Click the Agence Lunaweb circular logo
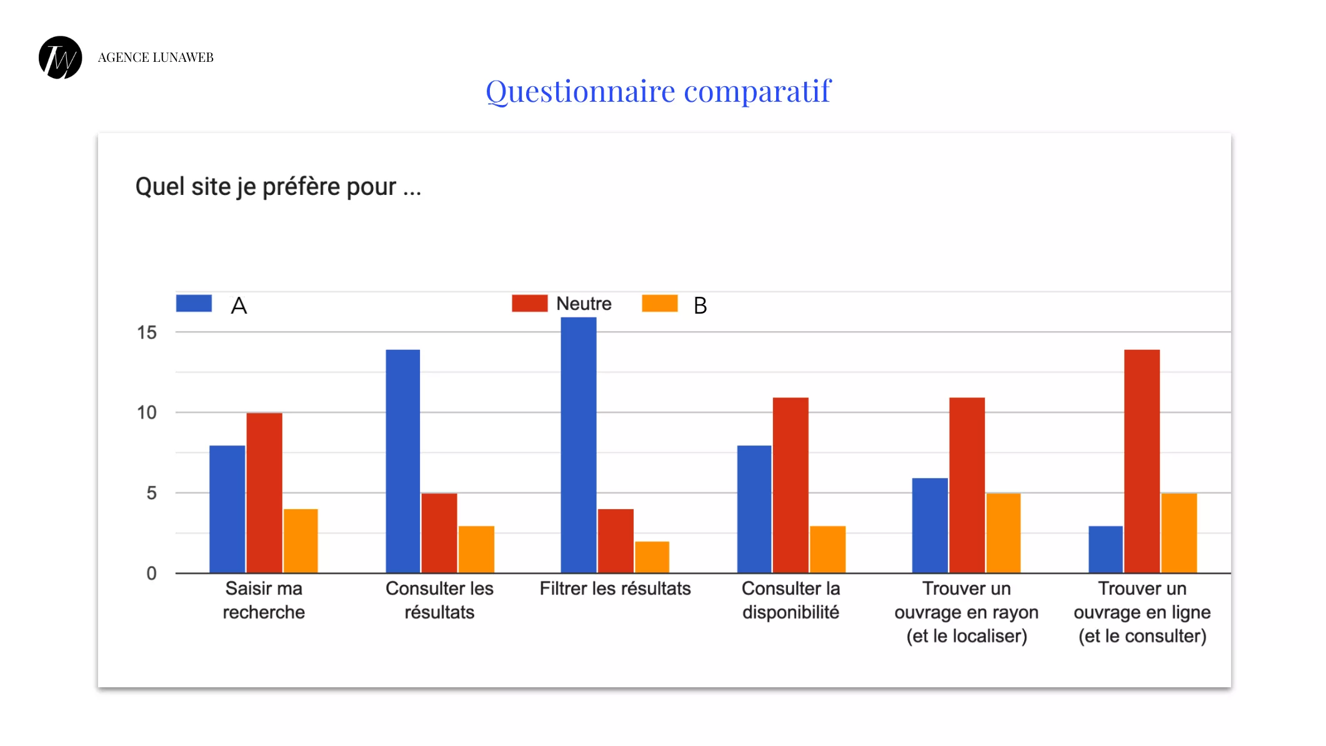61,57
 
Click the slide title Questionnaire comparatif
658,91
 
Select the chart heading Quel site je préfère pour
278,187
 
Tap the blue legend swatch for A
194,304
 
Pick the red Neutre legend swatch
529,304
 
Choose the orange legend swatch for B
659,304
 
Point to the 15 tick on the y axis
147,333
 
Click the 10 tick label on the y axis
147,413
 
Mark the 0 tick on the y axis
151,574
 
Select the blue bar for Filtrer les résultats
579,445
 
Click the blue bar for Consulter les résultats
403,461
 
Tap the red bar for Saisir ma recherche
264,493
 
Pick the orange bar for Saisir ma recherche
301,541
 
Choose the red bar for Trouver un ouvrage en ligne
1142,461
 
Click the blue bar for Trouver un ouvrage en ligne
1105,549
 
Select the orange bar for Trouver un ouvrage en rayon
1004,533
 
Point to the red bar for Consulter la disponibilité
790,485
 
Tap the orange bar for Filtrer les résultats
652,557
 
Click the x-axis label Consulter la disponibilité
790,600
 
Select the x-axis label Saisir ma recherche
264,600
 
